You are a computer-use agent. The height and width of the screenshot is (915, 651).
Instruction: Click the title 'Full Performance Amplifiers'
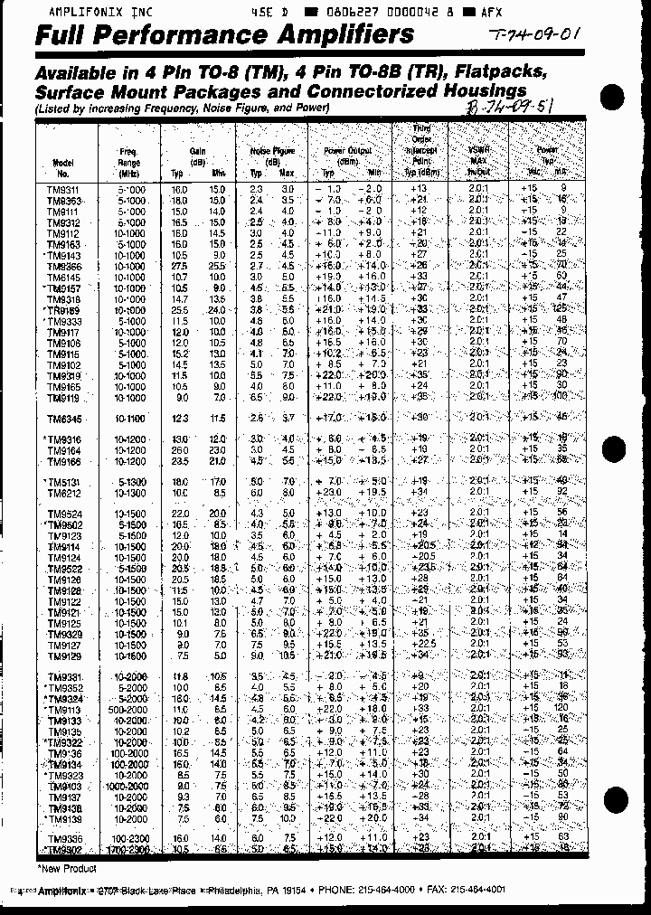coord(224,35)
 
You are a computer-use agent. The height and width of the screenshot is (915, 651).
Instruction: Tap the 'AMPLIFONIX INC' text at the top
coord(89,14)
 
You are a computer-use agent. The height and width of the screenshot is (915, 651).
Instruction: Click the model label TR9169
coord(62,310)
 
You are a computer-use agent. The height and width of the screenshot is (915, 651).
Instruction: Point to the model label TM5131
coord(63,482)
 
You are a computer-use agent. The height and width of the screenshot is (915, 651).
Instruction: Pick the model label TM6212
coord(63,493)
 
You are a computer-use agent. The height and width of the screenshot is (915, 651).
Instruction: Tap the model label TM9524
coord(63,514)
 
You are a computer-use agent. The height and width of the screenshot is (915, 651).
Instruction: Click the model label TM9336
coord(63,839)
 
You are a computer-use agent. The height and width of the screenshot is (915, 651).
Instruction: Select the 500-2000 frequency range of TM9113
coord(130,711)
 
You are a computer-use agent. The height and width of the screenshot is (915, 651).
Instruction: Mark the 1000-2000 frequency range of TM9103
coord(130,786)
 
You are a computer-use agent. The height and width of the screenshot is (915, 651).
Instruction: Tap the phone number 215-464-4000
coord(388,890)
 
